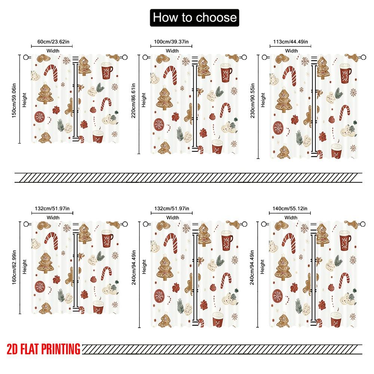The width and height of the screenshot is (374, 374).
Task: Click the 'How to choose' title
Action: (x=194, y=17)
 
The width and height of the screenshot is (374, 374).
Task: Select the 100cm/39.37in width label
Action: (x=172, y=42)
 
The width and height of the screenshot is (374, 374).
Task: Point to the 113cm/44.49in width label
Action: (x=291, y=42)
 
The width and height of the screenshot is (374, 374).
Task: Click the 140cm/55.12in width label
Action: (x=291, y=208)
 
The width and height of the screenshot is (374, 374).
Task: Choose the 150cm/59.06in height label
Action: (x=14, y=99)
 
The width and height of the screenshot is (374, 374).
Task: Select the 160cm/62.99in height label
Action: (x=14, y=267)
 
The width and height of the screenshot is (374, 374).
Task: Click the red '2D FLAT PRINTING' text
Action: (x=43, y=349)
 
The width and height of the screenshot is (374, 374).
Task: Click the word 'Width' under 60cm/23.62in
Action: (x=53, y=50)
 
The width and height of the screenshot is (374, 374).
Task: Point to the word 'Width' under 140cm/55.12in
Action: (x=291, y=217)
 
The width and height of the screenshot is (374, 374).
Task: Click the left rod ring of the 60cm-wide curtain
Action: (x=27, y=57)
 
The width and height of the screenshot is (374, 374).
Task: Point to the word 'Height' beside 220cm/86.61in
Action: (x=144, y=100)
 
